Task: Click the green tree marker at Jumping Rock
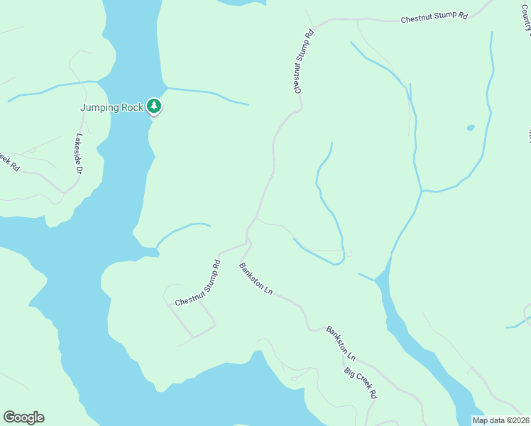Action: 154,106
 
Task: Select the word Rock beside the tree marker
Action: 133,108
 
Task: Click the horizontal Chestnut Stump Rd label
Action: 434,18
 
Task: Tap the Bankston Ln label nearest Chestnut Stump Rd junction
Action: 256,279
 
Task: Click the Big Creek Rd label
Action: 360,382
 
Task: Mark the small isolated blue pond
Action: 470,129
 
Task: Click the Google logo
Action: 23,417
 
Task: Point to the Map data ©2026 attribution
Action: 500,420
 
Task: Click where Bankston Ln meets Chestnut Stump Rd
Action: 247,243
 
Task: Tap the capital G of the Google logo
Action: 9,417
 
